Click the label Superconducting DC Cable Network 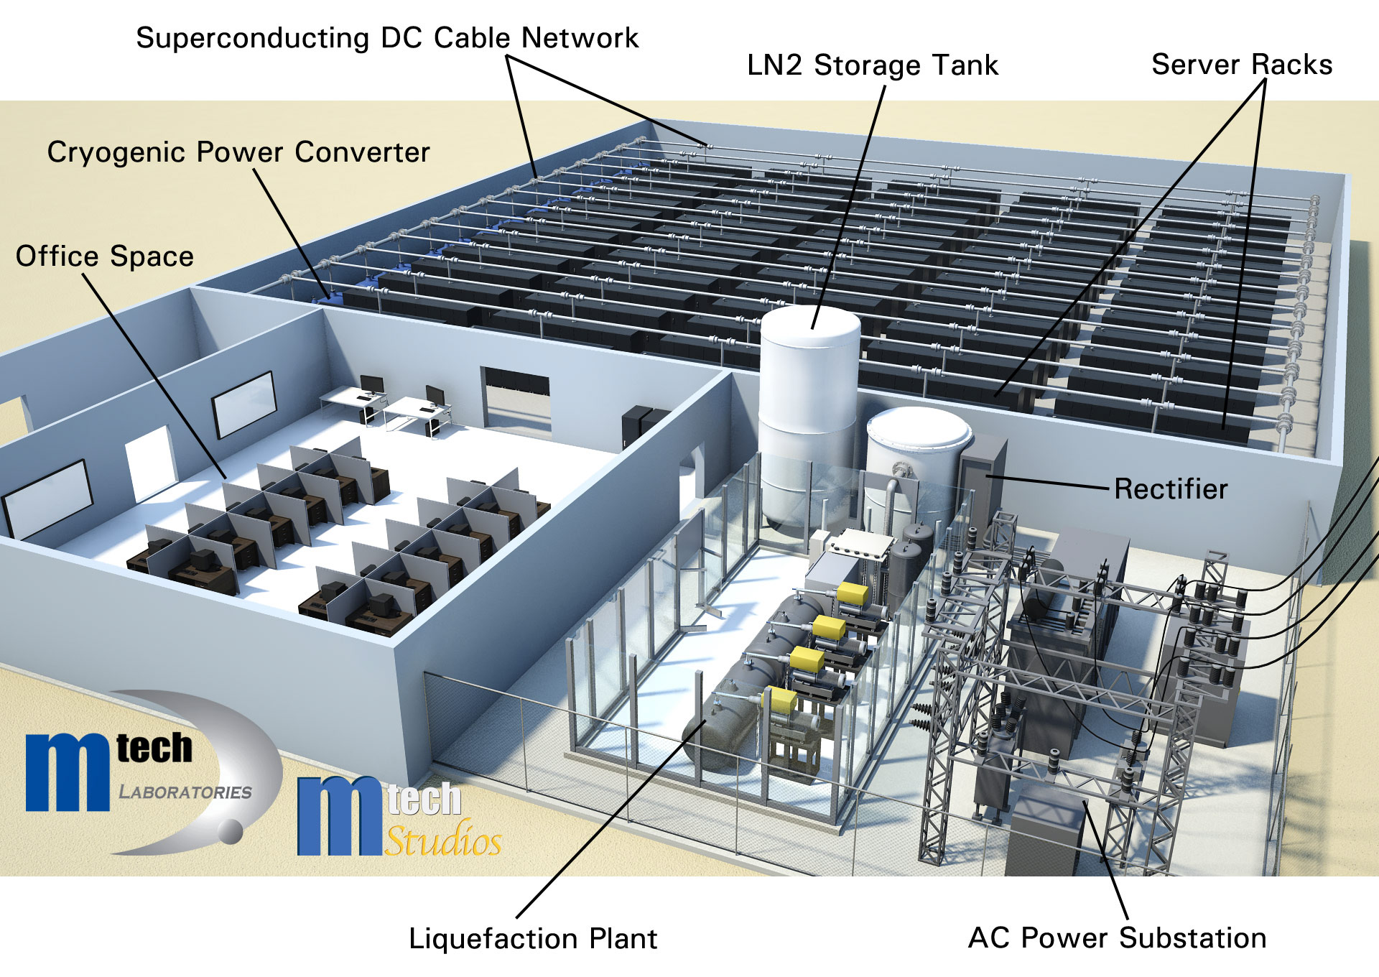point(386,38)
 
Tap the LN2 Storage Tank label point(872,65)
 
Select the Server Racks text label point(1242,65)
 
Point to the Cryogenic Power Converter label point(238,152)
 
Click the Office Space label point(105,256)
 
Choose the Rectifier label point(1171,489)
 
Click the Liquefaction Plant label point(533,939)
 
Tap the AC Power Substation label point(1118,938)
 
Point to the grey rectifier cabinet point(983,474)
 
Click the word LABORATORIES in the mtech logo point(185,792)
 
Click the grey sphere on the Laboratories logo point(231,831)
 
